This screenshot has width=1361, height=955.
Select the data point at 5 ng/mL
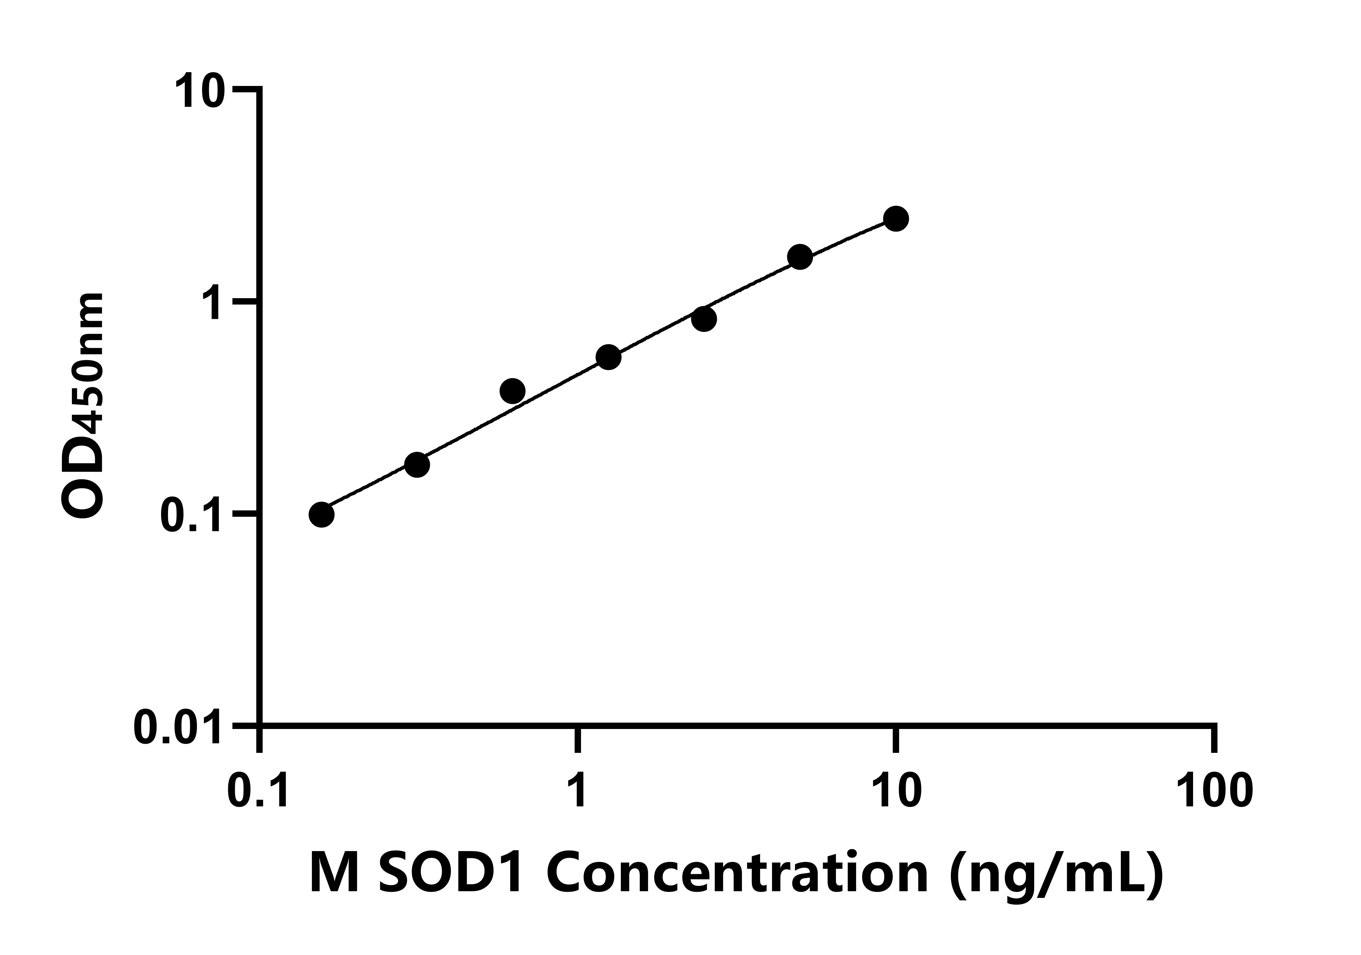[x=800, y=257]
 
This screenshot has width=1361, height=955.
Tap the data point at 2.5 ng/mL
[x=704, y=319]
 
